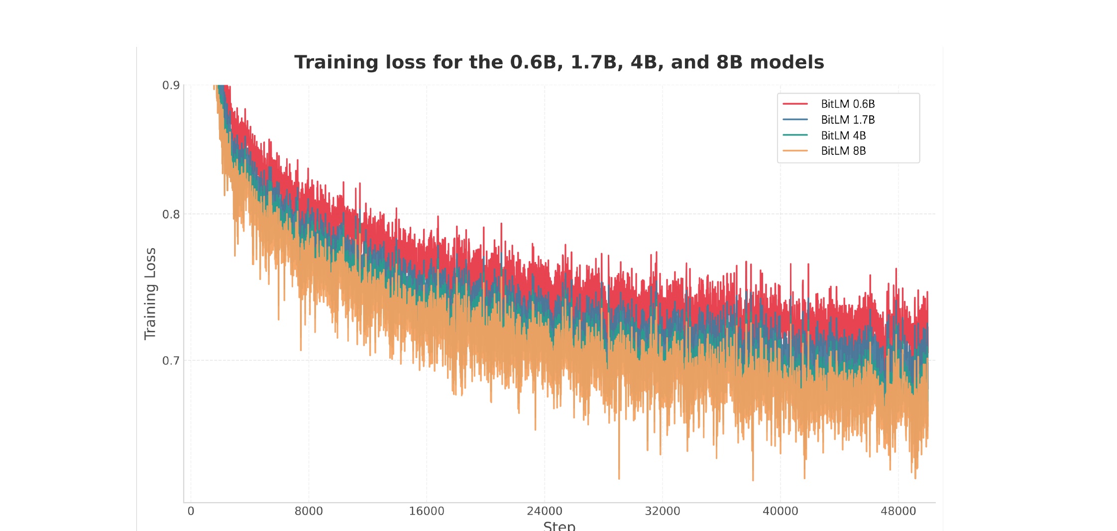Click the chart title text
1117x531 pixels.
(x=559, y=62)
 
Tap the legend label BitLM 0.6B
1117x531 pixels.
(x=848, y=104)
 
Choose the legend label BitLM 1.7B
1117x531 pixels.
(x=848, y=120)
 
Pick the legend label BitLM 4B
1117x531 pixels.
(x=843, y=135)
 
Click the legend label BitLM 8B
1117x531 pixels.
(x=843, y=151)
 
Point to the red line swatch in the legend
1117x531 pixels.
(x=795, y=104)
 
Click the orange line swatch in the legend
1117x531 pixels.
(x=795, y=150)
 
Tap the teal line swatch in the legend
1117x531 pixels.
(x=795, y=135)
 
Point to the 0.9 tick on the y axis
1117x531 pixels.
(x=171, y=85)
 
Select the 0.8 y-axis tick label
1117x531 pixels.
(x=171, y=214)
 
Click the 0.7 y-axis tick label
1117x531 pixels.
(x=171, y=361)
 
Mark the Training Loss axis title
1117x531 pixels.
(x=150, y=294)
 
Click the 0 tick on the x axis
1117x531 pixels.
(x=191, y=511)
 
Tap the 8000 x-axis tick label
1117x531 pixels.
(x=309, y=511)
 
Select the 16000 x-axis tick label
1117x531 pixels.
(x=427, y=511)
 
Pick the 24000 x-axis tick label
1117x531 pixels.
(x=545, y=511)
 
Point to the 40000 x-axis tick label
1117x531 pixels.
(x=781, y=511)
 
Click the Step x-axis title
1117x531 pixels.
(x=559, y=526)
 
